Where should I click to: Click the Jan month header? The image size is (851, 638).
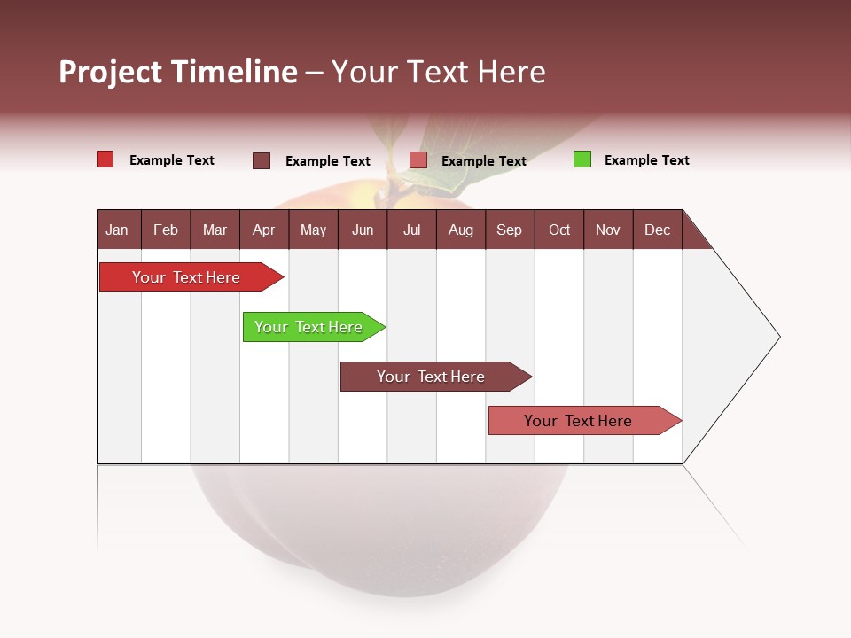[117, 230]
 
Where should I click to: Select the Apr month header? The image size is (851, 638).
[263, 230]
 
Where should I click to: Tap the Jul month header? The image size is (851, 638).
[411, 230]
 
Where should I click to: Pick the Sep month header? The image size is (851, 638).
[509, 230]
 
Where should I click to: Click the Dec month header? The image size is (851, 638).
[657, 230]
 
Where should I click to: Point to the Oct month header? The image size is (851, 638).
[559, 230]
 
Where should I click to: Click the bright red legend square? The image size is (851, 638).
[105, 159]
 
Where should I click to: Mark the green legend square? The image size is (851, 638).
[582, 159]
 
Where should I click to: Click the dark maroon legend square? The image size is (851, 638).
[262, 160]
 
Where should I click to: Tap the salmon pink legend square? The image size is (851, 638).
[418, 160]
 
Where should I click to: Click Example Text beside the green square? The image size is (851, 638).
[646, 160]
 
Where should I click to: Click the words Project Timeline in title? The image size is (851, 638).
[177, 72]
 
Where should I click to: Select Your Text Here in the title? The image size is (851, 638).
[439, 72]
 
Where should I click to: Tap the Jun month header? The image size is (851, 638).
[363, 230]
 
